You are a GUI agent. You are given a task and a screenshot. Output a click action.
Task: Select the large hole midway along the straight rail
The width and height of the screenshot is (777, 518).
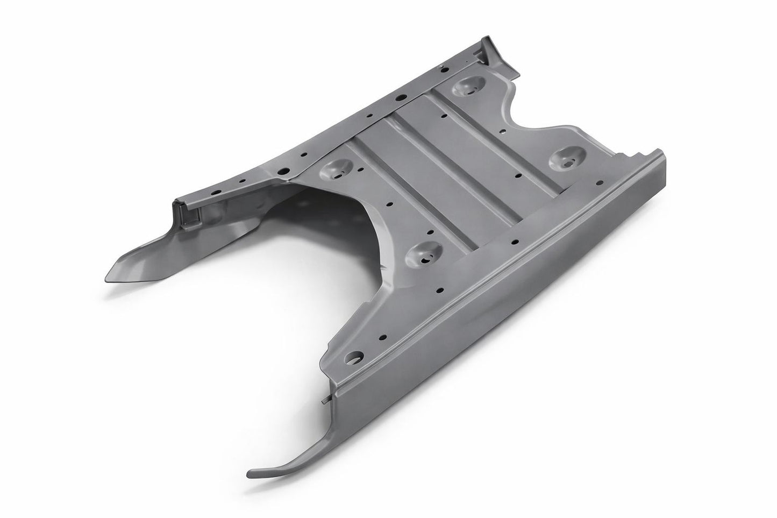pyautogui.click(x=401, y=98)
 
